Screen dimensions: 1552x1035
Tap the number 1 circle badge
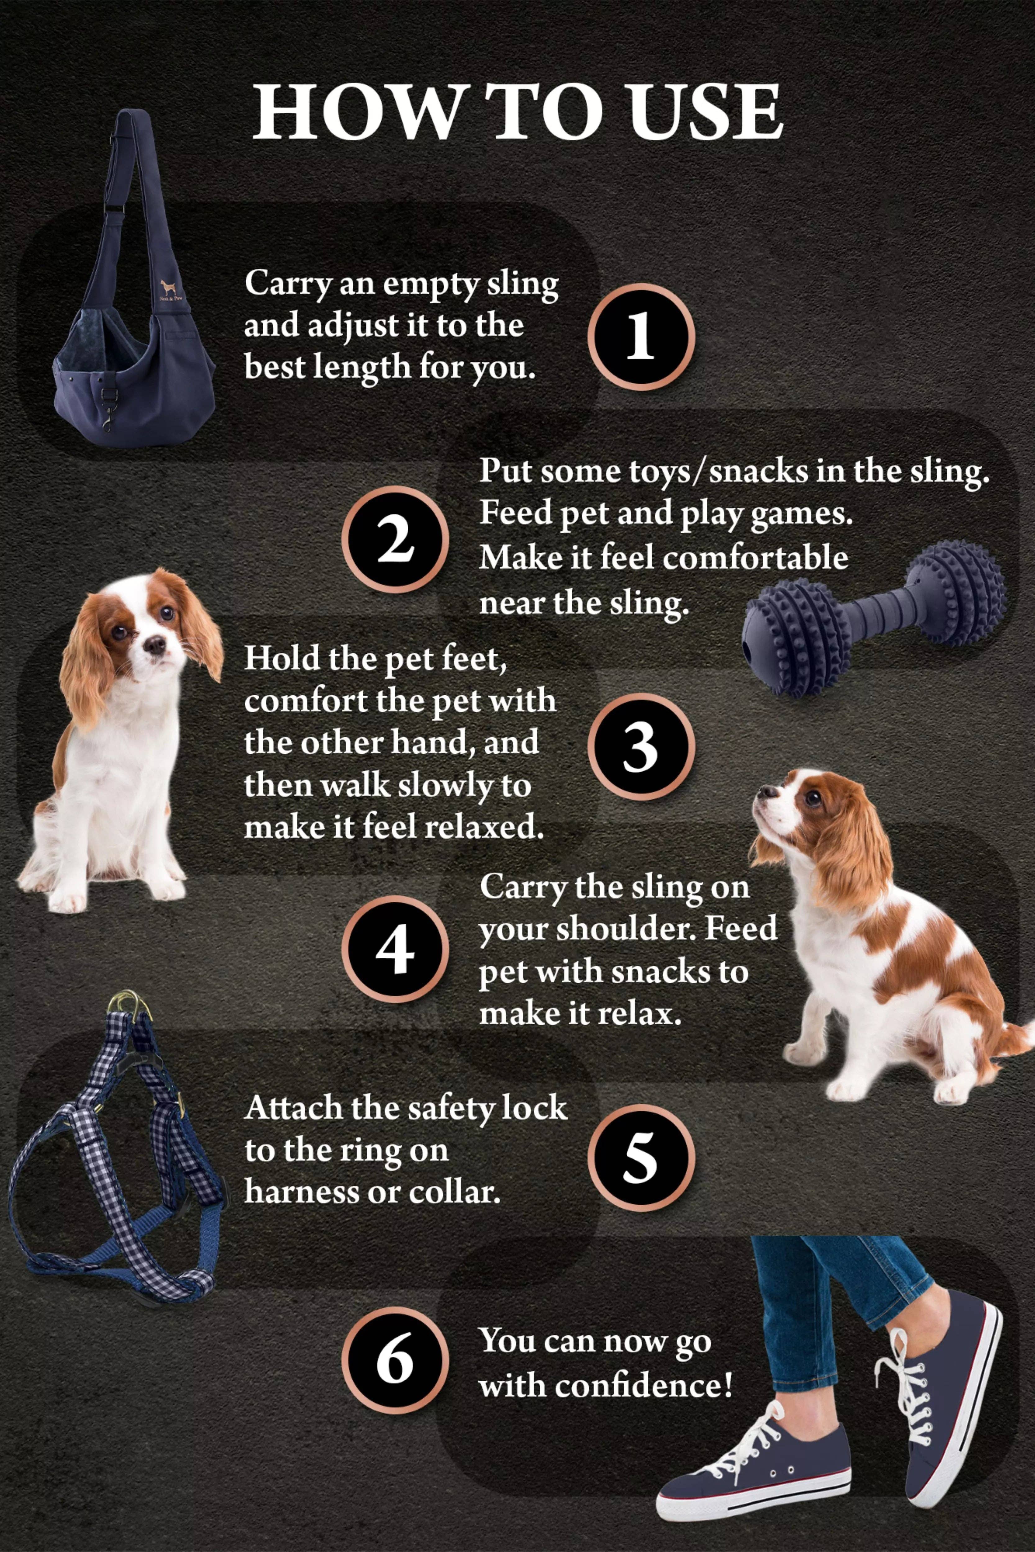640,336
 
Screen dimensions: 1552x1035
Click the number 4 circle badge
395,950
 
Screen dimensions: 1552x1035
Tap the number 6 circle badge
395,1361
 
